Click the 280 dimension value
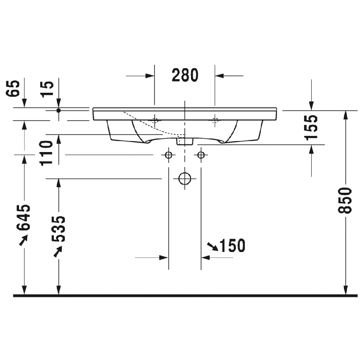click(185, 75)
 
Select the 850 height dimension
click(346, 200)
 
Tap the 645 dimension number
click(25, 217)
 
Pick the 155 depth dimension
click(312, 127)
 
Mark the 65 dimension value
click(14, 89)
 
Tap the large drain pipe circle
click(185, 179)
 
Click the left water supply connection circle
click(169, 155)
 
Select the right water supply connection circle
click(201, 155)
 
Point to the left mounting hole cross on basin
click(155, 119)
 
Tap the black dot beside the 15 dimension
click(59, 110)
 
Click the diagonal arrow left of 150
click(213, 246)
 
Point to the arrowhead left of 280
click(150, 76)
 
